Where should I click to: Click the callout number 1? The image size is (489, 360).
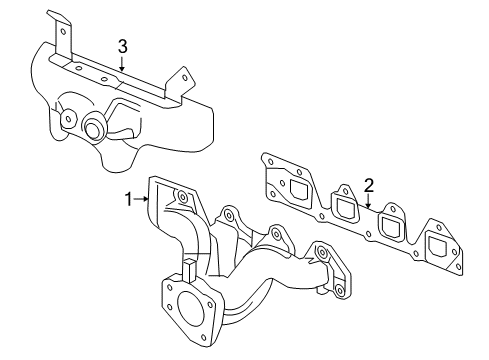[x=129, y=199]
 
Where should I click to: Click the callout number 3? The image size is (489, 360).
[x=122, y=46]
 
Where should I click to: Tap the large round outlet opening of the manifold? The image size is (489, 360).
[x=184, y=307]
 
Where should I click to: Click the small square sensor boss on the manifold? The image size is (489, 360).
[x=187, y=268]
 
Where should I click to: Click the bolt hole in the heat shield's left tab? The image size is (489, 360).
[x=62, y=29]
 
